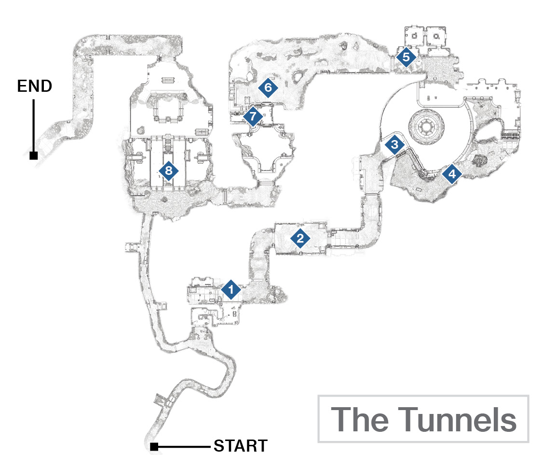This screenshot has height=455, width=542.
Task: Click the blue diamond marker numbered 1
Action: pos(231,289)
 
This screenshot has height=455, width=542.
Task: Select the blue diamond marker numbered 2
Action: pos(300,238)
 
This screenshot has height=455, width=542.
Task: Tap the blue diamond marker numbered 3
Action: pos(394,144)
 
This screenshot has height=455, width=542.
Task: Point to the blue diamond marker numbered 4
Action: pos(452,173)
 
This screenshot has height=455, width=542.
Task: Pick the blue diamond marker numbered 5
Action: pos(406,57)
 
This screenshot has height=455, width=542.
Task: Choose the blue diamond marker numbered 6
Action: pos(268,87)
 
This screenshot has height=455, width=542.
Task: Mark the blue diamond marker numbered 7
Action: pos(253,116)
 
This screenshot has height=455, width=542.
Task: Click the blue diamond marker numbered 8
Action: pos(168,171)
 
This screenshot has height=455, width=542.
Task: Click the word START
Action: pos(241,446)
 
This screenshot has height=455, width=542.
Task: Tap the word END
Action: pos(35,86)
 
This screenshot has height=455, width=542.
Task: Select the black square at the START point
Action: pos(154,447)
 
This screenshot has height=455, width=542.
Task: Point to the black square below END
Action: pos(34,156)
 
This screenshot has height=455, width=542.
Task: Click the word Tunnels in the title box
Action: pos(457,419)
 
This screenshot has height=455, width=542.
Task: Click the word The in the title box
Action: pos(360,419)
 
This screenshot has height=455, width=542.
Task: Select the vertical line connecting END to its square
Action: pos(34,126)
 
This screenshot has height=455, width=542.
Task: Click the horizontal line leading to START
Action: pos(184,447)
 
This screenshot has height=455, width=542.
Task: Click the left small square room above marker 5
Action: pos(414,36)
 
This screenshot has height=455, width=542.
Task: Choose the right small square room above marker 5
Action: pos(436,36)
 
